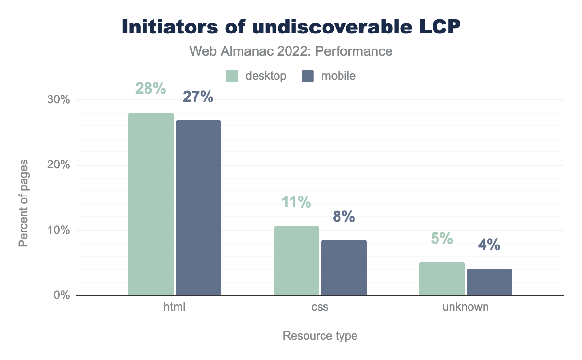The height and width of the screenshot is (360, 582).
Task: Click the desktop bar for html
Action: coord(151,204)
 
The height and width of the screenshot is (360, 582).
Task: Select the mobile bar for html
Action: coord(198,208)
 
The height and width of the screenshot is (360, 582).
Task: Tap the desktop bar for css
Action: coord(296,261)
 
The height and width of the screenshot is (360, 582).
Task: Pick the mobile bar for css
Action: coord(344,267)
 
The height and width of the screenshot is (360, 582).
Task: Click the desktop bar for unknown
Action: coord(442,278)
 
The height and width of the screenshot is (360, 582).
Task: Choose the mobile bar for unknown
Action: coord(489,282)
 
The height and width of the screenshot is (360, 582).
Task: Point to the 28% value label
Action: coord(151,89)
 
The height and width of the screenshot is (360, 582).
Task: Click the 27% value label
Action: coord(198,97)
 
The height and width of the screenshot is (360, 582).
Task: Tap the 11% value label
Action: coord(296,202)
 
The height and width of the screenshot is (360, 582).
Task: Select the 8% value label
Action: coord(343,216)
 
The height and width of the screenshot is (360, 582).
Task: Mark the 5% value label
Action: coord(442,238)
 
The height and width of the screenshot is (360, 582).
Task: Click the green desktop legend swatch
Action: coord(233,76)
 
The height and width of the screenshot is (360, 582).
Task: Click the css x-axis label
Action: coord(320,307)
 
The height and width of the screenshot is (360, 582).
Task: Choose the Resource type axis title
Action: coord(320,336)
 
